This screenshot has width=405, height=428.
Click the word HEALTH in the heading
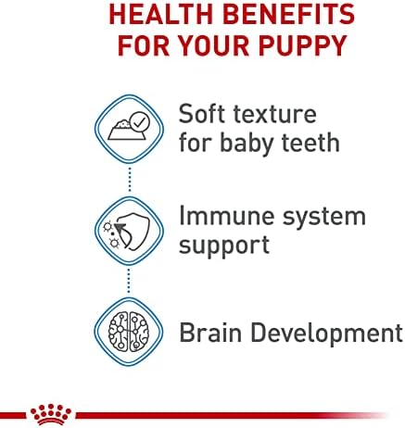[x=162, y=14]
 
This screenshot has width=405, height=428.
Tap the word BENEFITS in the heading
[x=289, y=14]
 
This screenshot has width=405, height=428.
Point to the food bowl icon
[x=126, y=130]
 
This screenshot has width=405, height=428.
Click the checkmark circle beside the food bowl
[x=140, y=121]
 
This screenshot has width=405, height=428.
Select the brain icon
[x=129, y=332]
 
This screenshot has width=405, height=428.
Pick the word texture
[x=275, y=115]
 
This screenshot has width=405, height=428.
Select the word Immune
[x=227, y=216]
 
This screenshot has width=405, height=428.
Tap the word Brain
[x=210, y=333]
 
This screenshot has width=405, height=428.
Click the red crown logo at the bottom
[x=51, y=414]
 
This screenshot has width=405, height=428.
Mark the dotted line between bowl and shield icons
[x=130, y=180]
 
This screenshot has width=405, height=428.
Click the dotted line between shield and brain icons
[x=129, y=281]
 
